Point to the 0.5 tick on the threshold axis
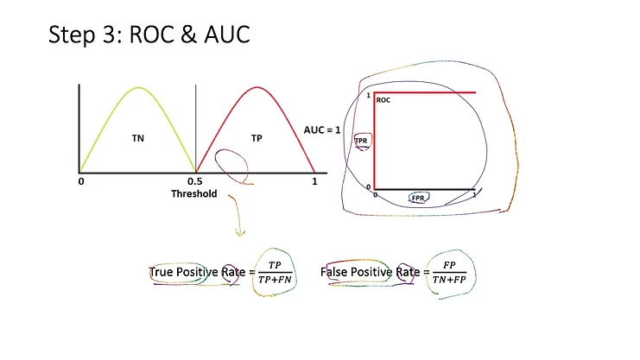[x=196, y=182]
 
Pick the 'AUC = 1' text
[x=323, y=129]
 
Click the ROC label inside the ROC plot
[x=383, y=100]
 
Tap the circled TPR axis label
[x=361, y=140]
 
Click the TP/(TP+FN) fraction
[x=276, y=273]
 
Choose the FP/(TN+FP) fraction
[x=448, y=273]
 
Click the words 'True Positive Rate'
[x=197, y=273]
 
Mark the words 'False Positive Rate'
[x=370, y=273]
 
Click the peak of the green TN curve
[x=138, y=87]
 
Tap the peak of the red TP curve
[x=257, y=87]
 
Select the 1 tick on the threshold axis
[x=314, y=182]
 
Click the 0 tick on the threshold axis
[x=80, y=182]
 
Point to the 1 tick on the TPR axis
[x=368, y=95]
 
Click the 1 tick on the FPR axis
[x=475, y=195]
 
